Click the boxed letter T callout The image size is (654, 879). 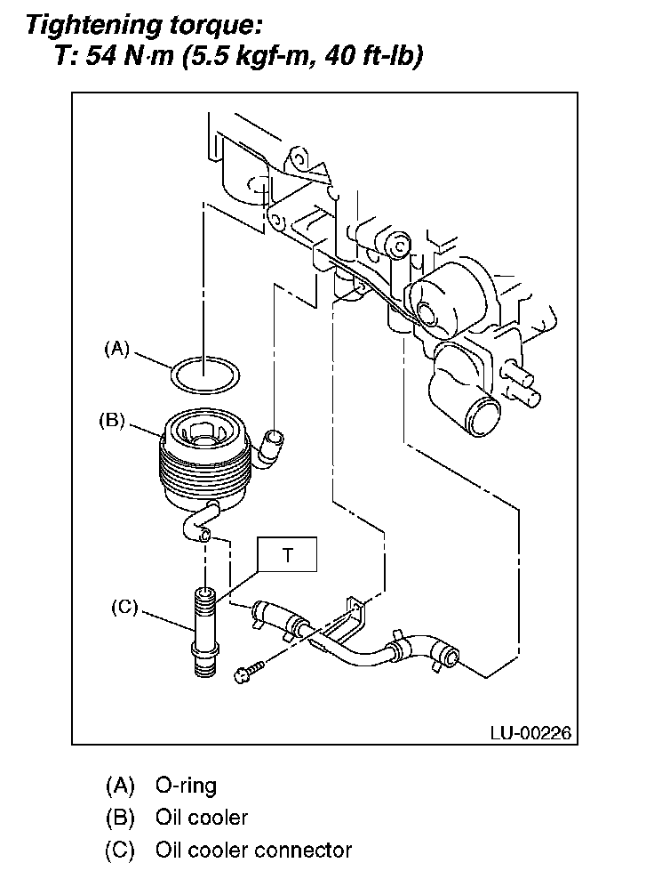(x=287, y=554)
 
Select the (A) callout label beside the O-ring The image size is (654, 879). (x=117, y=349)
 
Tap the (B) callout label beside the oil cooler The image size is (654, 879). (x=112, y=421)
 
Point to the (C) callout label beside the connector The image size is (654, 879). (x=124, y=607)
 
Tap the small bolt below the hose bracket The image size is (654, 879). (x=249, y=670)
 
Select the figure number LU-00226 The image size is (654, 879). (x=530, y=733)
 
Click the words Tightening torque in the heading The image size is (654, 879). (x=144, y=25)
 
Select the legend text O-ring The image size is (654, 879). (x=186, y=786)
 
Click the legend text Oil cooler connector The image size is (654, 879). (x=253, y=851)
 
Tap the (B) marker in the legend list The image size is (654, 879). (x=120, y=818)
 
